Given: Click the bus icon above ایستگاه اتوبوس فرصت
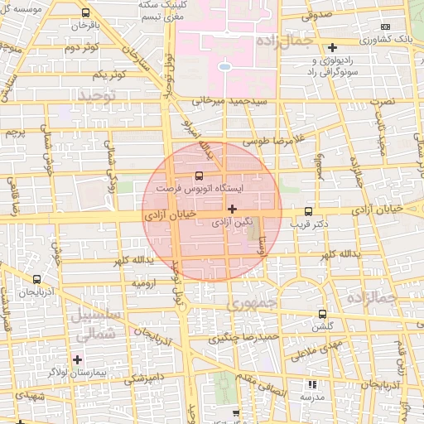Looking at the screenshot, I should coord(198,176).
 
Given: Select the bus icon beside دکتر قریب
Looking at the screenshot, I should coord(309,211).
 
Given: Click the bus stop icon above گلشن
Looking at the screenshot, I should coord(321,315).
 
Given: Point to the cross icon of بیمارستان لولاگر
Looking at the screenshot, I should coord(78,359).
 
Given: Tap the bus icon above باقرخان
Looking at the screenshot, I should coord(87,13).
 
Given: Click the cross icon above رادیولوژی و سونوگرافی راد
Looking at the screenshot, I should coord(332,47).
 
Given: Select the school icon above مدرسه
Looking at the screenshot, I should coord(312,384).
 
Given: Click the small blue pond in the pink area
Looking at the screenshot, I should coord(224,65).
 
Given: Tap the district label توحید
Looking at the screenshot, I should coord(100,97).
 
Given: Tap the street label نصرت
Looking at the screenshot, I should coord(382,101).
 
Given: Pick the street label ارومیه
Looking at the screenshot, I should coord(144,283).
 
